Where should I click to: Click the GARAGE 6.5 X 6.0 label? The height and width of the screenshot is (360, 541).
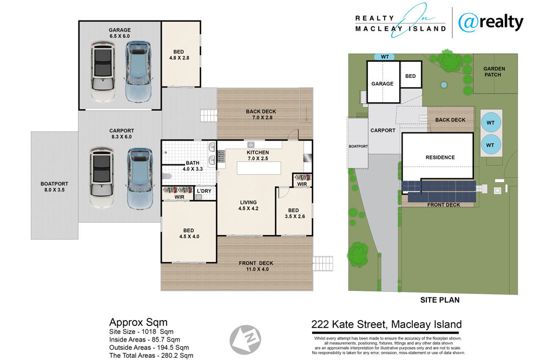point(120,33)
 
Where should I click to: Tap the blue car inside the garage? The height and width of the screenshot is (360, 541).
point(138,72)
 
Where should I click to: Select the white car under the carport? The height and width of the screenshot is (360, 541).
point(102,178)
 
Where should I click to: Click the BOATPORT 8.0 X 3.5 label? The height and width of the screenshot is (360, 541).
point(54,187)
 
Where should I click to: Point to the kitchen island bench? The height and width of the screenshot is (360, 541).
point(259,168)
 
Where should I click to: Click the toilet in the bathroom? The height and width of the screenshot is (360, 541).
point(167,177)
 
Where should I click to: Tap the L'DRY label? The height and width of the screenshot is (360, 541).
point(204,191)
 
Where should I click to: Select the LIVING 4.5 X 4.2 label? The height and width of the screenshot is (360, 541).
point(248,205)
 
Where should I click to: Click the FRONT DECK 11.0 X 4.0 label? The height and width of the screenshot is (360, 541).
point(256,266)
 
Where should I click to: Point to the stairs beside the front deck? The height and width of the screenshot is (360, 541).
point(323,263)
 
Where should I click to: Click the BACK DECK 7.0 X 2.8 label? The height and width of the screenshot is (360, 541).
point(261,115)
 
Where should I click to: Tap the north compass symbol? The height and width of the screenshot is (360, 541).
point(245,339)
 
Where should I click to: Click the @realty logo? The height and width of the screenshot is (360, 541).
point(491,23)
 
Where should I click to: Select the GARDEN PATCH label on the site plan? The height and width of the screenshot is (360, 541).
point(494,72)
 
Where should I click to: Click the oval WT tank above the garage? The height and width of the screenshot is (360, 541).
point(384,57)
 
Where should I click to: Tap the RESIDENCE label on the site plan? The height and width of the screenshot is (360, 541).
point(440,157)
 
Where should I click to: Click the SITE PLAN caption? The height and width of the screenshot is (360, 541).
point(440,300)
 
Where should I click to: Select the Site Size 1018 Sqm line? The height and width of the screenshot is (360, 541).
point(141,332)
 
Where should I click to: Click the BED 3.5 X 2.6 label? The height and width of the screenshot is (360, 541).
point(294,214)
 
